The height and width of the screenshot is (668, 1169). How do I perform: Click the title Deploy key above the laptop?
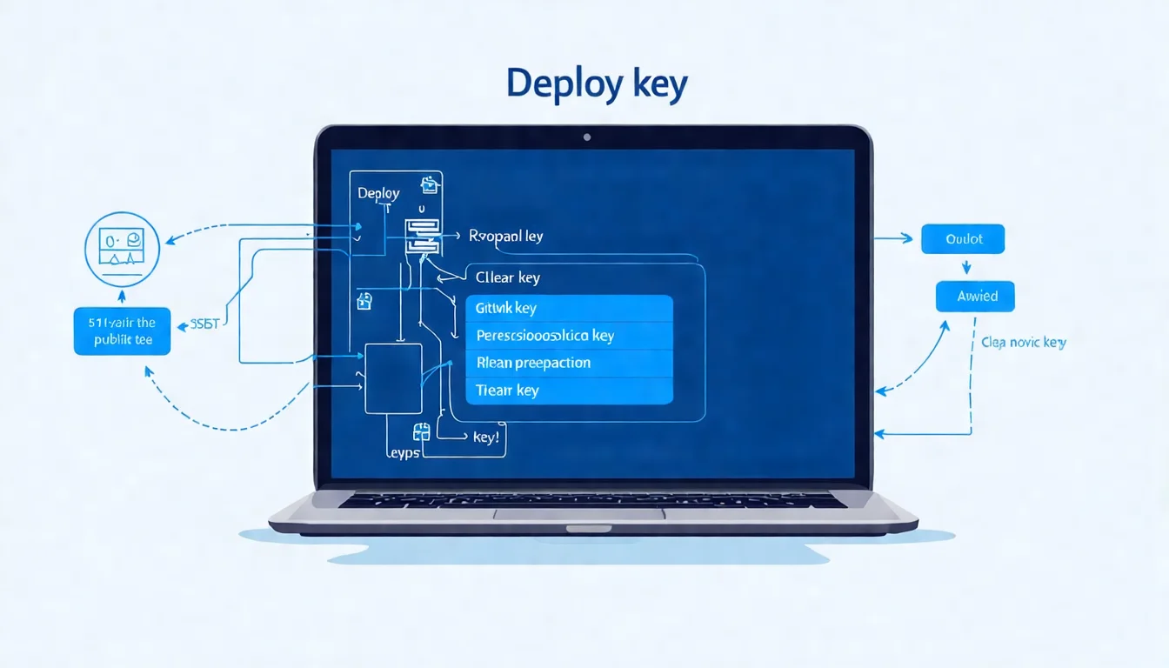(x=597, y=84)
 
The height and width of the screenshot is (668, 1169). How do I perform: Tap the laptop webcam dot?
(x=587, y=137)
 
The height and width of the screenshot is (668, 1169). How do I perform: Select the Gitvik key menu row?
(x=570, y=308)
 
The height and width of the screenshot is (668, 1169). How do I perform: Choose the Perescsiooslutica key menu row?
(x=570, y=336)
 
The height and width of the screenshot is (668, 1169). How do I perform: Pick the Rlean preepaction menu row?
(x=570, y=363)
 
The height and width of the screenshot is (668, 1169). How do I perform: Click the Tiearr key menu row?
(x=570, y=391)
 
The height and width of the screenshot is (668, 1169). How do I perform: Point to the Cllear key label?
(x=508, y=277)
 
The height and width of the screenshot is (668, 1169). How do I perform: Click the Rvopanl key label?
(x=505, y=236)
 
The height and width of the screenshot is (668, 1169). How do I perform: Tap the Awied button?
(x=975, y=297)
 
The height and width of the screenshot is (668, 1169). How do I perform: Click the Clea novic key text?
(x=1023, y=343)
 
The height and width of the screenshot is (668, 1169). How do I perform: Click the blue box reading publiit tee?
(x=122, y=331)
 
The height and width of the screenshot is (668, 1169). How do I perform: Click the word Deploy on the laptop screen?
(x=378, y=193)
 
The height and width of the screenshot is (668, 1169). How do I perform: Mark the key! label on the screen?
(x=485, y=438)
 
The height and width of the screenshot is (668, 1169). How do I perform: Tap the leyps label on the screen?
(x=402, y=452)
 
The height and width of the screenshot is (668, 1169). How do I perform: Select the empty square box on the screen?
(x=393, y=378)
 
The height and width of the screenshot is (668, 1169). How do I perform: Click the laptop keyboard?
(x=591, y=501)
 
